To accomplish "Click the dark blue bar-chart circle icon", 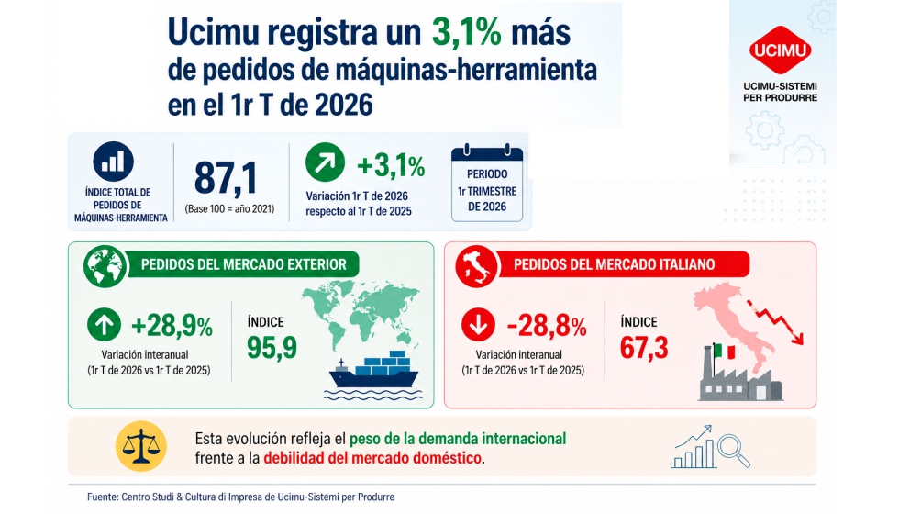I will [x=114, y=163].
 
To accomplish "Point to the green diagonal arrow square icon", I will [x=326, y=166].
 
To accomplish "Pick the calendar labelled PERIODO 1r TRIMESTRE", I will [x=486, y=184].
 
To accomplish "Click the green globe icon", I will [x=105, y=265].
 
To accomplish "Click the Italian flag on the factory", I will [x=724, y=352].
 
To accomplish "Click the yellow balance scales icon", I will [x=140, y=447].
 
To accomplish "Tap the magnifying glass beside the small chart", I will [x=733, y=449].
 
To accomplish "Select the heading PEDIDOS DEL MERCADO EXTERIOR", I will [x=243, y=264].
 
